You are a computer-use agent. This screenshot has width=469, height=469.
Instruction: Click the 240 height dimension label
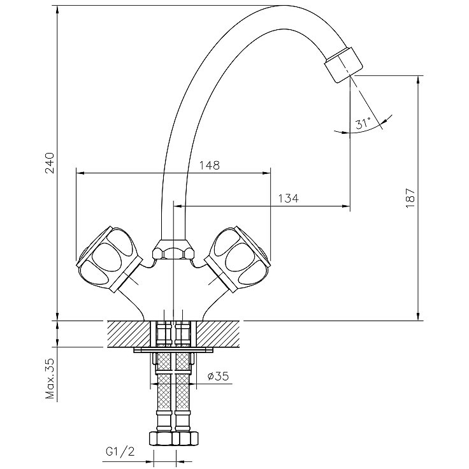point(50,163)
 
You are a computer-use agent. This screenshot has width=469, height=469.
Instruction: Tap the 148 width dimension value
point(210,165)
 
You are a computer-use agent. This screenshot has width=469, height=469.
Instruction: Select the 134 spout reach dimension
point(288,198)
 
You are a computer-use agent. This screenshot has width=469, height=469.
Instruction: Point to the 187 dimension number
point(410,198)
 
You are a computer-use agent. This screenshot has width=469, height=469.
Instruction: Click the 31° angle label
point(363,123)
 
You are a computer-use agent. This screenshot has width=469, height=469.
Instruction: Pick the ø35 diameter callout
point(218,376)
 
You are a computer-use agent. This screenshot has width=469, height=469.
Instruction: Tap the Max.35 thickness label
point(50,379)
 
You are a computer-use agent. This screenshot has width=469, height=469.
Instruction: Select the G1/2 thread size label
point(120,451)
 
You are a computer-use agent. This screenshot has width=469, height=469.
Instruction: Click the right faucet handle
point(238,259)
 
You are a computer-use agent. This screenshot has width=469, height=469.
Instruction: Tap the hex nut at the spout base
point(173,249)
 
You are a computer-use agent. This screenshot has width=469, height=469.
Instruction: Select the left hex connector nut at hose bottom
point(161,438)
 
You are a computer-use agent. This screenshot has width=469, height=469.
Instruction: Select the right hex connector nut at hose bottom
point(185,438)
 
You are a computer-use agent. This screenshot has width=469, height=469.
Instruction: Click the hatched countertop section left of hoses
point(129,334)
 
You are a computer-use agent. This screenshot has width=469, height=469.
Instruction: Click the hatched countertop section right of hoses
point(218,334)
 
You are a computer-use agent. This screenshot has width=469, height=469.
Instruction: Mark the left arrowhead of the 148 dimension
point(80,173)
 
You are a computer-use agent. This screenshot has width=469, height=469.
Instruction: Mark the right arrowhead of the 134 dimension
point(346,206)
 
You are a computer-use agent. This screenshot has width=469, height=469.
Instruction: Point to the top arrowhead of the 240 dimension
point(58,10)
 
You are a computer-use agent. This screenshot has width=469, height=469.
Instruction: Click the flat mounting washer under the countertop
point(173,350)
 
